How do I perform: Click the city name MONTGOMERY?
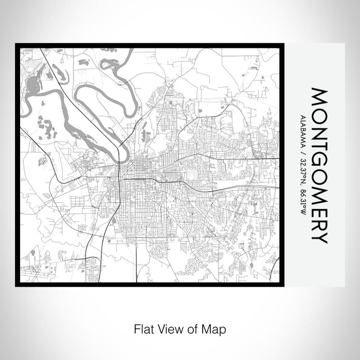tap(318, 166)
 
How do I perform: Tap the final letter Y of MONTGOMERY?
tap(318, 236)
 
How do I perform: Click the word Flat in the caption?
tap(144, 328)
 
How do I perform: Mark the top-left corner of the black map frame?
tap(16, 44)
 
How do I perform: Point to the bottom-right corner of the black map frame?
tap(284, 285)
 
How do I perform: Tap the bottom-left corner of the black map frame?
tap(16, 285)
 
